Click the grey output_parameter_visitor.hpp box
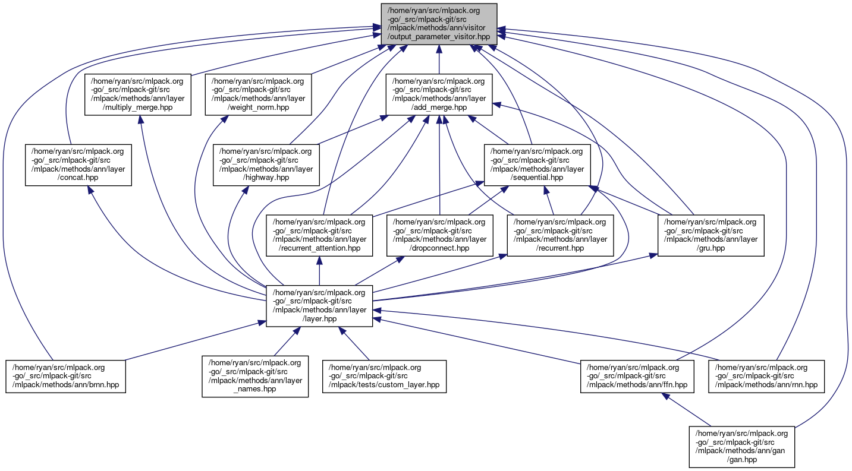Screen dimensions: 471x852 [439, 23]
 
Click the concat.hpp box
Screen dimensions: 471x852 [78, 165]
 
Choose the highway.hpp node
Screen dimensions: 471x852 [266, 165]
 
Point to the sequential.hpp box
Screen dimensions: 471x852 [537, 165]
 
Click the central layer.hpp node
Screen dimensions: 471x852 [319, 306]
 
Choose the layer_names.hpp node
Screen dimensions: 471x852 [255, 377]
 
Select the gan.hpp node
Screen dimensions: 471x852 [741, 447]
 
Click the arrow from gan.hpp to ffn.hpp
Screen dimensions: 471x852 [690, 410]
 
